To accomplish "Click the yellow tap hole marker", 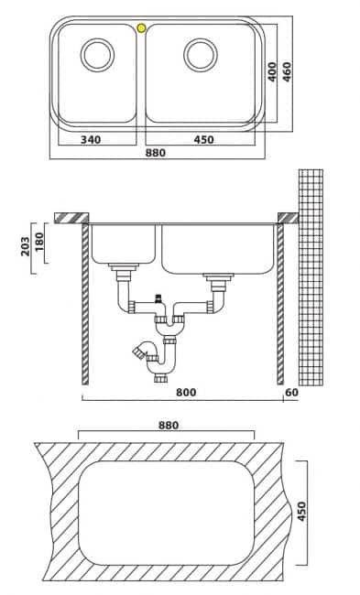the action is (141, 27).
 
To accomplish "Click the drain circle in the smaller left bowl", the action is (97, 55).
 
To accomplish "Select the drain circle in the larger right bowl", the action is (201, 55).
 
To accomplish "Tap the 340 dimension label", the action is (91, 140).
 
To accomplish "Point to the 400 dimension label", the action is (272, 71).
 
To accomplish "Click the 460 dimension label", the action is (287, 71).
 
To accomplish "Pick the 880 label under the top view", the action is (156, 153).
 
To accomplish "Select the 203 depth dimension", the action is (25, 246).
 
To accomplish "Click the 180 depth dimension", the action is (39, 242).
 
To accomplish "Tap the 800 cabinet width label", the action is (186, 392).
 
